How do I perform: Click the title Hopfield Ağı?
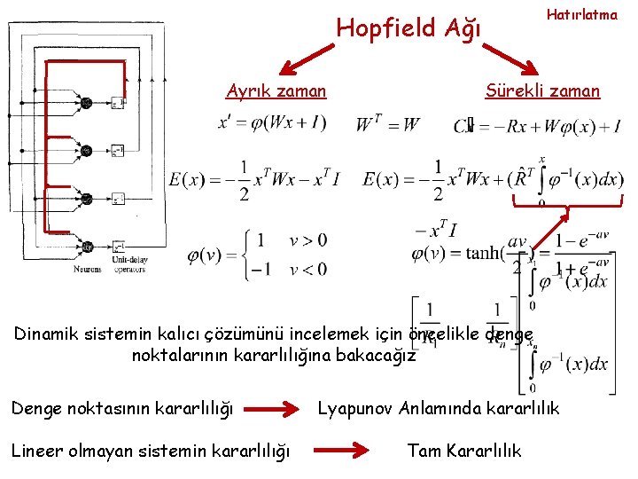click(x=408, y=28)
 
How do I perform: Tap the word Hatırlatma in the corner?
click(x=581, y=15)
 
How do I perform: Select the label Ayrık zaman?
click(x=276, y=90)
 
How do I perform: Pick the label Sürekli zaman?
click(x=542, y=90)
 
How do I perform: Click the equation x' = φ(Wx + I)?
click(x=272, y=122)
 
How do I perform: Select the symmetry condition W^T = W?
click(x=388, y=123)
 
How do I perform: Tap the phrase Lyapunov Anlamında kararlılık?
click(x=439, y=408)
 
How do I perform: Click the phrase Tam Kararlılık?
click(x=464, y=451)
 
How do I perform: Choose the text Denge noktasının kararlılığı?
click(x=121, y=409)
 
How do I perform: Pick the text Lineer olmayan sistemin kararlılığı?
click(x=150, y=451)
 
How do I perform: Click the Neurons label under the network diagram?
click(x=86, y=269)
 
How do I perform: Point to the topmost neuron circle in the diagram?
click(x=86, y=103)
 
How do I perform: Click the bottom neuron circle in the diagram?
click(x=86, y=247)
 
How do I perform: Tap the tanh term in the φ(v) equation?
click(x=455, y=254)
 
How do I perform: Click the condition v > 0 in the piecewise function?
click(x=307, y=239)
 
